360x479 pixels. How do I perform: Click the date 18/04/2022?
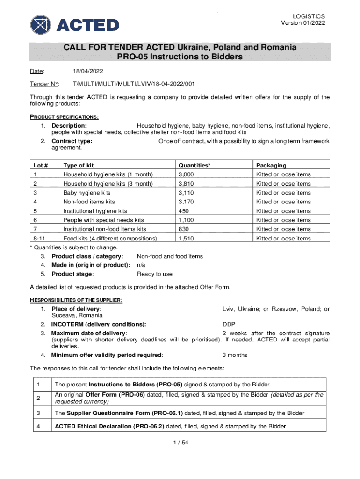coord(88,71)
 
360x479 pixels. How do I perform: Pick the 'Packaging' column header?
coord(271,165)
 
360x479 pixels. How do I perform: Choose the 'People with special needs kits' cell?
coord(104,220)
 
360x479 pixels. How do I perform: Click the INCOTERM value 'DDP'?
coord(229,324)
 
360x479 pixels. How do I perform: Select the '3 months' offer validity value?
coord(235,355)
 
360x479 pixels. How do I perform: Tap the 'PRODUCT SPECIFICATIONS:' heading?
coord(64,116)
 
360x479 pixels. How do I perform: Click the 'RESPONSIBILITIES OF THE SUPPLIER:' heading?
coord(77,300)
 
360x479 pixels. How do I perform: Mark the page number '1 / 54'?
coord(180,443)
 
